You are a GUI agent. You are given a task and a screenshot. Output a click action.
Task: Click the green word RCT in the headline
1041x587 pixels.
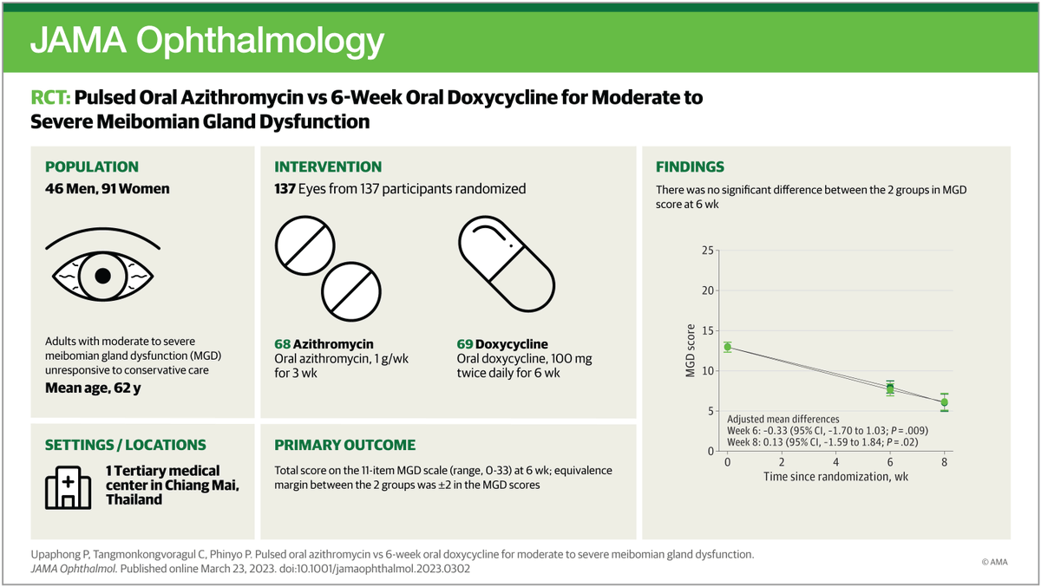[x=50, y=97]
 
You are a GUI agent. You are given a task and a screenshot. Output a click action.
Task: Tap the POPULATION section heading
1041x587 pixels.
[x=92, y=166]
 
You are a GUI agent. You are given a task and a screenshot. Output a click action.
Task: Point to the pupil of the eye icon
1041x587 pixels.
[x=102, y=276]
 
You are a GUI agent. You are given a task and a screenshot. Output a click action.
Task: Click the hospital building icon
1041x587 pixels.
[x=68, y=487]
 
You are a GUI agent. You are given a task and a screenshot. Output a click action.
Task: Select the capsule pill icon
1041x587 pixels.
[x=507, y=264]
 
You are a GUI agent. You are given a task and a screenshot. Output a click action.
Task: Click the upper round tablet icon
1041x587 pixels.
[x=304, y=245]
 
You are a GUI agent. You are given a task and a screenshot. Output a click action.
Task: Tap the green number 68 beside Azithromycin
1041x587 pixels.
[x=282, y=344]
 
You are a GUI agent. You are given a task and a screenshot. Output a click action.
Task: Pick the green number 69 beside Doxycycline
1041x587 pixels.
[x=465, y=344]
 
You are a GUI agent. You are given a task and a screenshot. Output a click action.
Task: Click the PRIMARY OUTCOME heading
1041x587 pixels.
[x=345, y=445]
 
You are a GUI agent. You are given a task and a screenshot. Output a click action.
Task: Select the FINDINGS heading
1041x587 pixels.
[x=690, y=166]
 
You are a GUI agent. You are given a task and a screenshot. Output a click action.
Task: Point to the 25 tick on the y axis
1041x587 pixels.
[x=707, y=251]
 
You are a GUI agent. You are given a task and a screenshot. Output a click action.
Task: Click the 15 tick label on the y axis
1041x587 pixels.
[x=707, y=330]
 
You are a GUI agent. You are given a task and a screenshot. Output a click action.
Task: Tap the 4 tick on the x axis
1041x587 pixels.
[x=835, y=462]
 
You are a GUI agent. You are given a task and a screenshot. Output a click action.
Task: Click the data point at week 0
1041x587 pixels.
[x=727, y=347]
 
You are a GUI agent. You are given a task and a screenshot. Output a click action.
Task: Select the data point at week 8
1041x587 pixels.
[x=945, y=402]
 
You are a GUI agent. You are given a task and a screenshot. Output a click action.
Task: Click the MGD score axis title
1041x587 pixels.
[x=691, y=350]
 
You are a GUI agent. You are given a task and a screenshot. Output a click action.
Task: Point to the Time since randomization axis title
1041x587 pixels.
[x=835, y=477]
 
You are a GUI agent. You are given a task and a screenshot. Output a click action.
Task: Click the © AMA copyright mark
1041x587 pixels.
[x=994, y=562]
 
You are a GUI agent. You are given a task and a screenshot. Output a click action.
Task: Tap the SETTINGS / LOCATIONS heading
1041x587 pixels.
[x=126, y=445]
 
